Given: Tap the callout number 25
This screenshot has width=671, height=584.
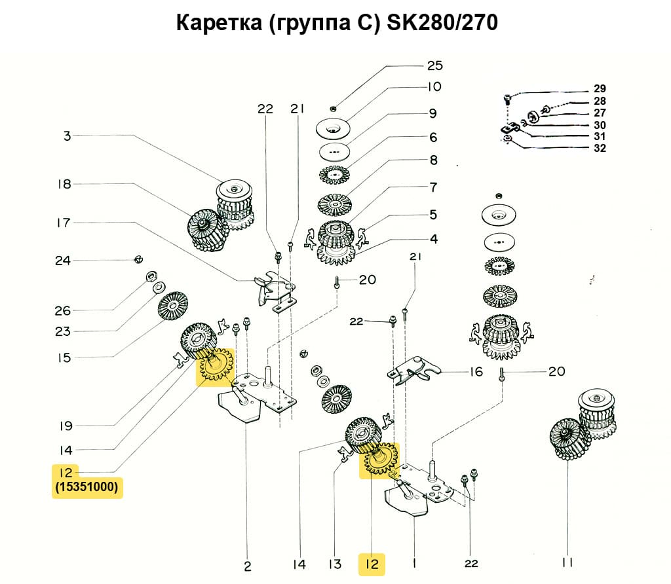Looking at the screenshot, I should [435, 65].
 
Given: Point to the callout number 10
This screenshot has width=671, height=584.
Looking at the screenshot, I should [435, 86].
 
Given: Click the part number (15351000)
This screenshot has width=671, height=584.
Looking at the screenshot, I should [87, 488].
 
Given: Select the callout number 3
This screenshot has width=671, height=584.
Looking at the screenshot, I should [67, 136].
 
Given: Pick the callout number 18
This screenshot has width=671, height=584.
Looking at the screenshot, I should [64, 184].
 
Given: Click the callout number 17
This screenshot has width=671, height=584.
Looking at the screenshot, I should [63, 223].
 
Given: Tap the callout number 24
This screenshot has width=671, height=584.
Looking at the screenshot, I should [63, 261].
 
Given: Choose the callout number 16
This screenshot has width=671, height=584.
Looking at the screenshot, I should [476, 372].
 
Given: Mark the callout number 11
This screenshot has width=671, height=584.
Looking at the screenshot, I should [567, 562].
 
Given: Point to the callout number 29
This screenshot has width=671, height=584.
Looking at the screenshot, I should [600, 88].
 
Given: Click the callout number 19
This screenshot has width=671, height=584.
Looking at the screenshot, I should [65, 426].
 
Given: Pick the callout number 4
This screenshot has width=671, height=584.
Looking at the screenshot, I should [434, 238].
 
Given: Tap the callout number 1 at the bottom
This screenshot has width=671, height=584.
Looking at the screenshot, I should [415, 562].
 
